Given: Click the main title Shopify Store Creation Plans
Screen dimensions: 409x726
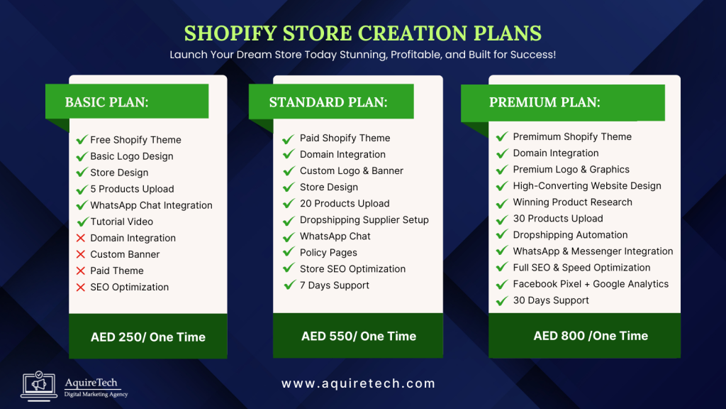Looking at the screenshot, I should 363,33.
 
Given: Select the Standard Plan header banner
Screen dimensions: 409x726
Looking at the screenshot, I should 330,102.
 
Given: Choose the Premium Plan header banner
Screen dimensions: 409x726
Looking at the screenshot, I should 562,102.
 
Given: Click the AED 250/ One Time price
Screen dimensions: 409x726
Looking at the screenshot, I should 148,337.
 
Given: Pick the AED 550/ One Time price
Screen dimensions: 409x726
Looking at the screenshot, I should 359,336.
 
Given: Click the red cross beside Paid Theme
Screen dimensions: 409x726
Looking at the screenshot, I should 81,271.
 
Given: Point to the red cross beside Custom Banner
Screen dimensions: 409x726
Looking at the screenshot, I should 81,254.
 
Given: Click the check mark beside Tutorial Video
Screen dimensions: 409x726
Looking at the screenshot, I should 82,222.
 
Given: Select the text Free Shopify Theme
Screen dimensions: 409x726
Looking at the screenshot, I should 135,140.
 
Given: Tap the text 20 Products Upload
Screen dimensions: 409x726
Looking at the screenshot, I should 345,204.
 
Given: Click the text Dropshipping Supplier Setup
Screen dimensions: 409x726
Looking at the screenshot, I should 364,220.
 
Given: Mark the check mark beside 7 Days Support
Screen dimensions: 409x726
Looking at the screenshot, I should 289,285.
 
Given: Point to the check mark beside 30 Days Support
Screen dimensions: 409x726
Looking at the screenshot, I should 501,301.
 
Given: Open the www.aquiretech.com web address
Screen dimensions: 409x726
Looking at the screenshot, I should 359,383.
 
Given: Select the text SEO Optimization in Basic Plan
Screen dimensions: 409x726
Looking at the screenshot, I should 130,287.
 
